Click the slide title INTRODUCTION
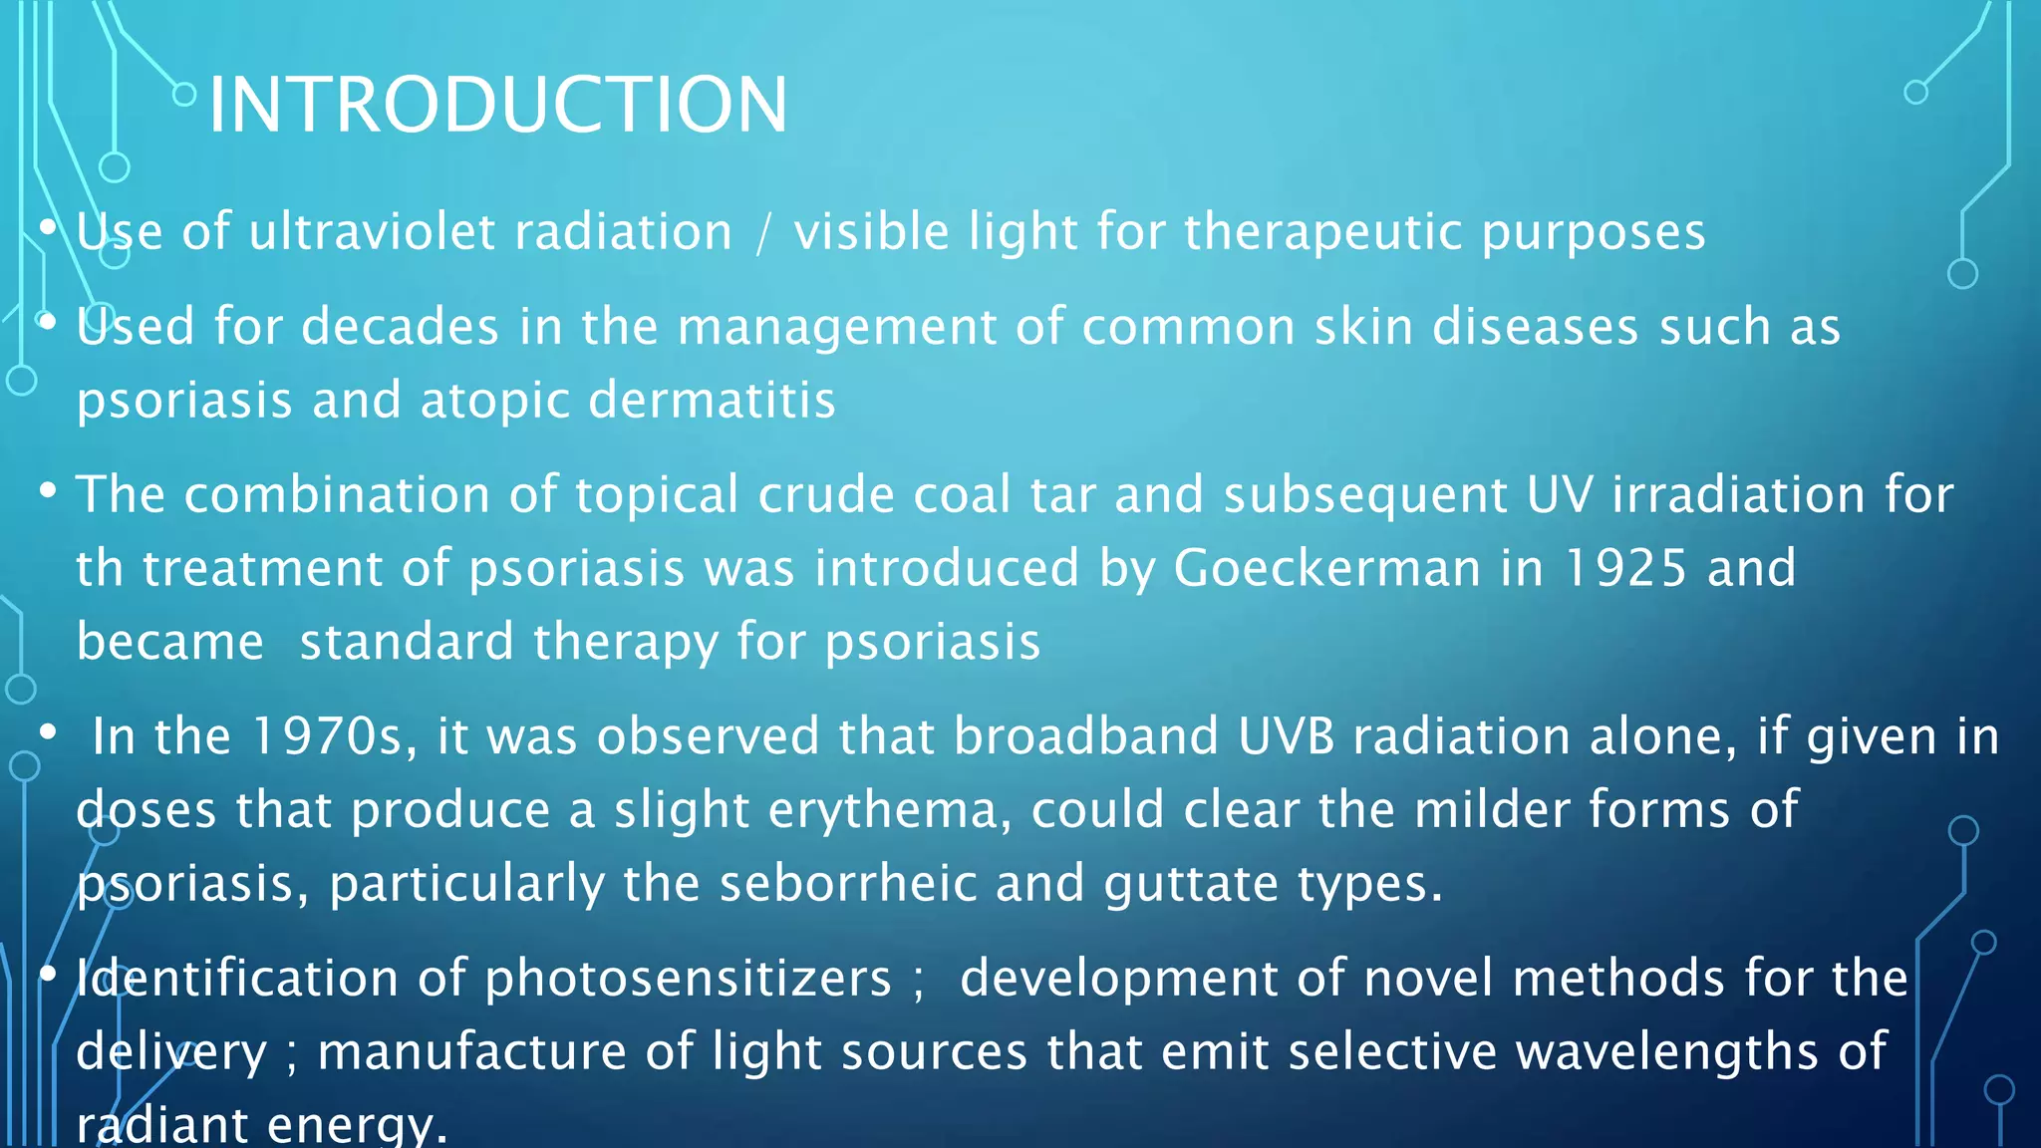(497, 105)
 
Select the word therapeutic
(1322, 232)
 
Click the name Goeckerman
(1326, 568)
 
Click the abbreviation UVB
(1286, 736)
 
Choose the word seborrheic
(848, 884)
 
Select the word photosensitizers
(688, 978)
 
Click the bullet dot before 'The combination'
(48, 491)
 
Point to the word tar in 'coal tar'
(1062, 494)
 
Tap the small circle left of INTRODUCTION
(184, 95)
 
